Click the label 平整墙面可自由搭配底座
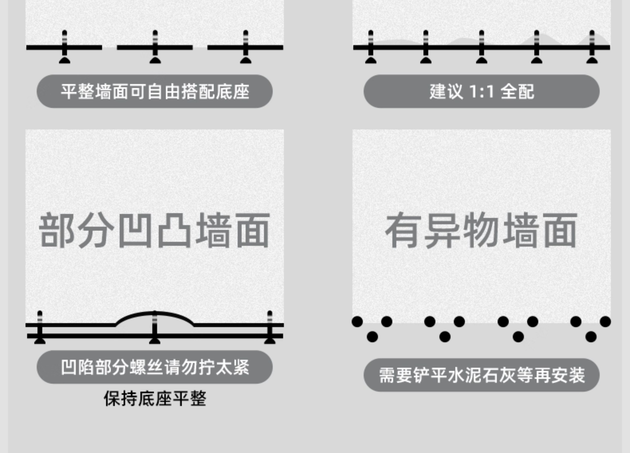tap(155, 91)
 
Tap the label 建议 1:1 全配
tap(481, 91)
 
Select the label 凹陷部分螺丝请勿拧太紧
tap(155, 367)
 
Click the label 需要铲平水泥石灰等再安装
tap(481, 375)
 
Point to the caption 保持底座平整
tap(155, 399)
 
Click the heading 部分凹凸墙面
tap(154, 231)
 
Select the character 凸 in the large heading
tap(174, 231)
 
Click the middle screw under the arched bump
tap(155, 328)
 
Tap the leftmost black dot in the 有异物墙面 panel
tap(357, 322)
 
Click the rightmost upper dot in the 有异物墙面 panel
tap(605, 322)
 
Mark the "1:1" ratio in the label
tap(481, 91)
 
